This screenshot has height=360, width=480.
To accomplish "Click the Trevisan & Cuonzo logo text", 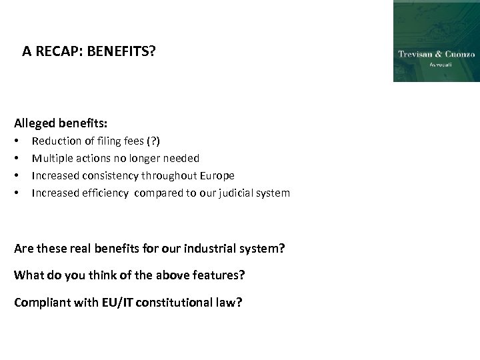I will pyautogui.click(x=436, y=54).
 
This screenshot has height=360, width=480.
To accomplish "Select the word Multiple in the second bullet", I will pyautogui.click(x=51, y=158).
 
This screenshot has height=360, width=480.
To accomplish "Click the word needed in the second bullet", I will pyautogui.click(x=183, y=158).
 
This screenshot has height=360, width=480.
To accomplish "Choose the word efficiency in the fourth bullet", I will pyautogui.click(x=105, y=193).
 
